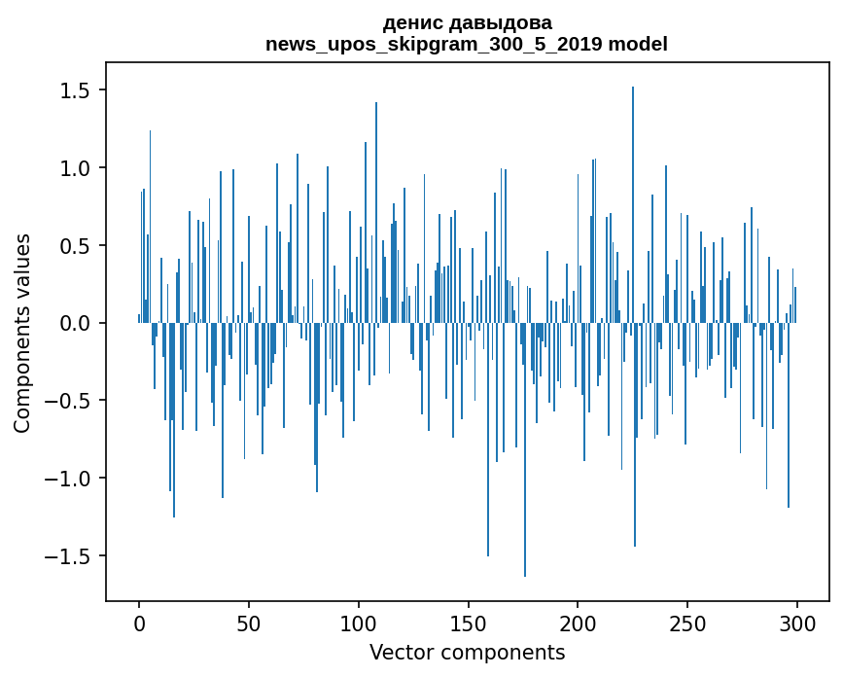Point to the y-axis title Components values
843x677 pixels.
coord(22,333)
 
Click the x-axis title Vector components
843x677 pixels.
coord(467,652)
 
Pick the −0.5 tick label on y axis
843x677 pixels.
coord(66,401)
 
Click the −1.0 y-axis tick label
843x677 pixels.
coord(66,479)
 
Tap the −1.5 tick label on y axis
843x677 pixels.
coord(66,556)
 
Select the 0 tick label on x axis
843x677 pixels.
coord(139,623)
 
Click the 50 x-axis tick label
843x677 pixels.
coord(249,623)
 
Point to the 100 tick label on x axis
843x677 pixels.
coord(359,623)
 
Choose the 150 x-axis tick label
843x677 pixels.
coord(468,623)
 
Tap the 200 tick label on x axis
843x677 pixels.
coord(578,623)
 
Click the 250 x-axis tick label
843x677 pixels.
coord(687,623)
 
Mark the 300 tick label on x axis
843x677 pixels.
coord(797,623)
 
